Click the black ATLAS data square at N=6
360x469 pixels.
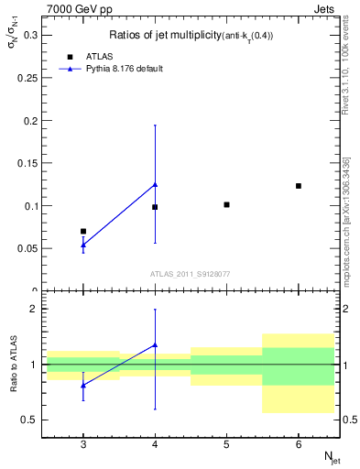(299, 186)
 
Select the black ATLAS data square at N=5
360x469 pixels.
(227, 204)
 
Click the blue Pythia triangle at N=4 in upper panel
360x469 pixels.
(155, 184)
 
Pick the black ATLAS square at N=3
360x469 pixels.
(83, 232)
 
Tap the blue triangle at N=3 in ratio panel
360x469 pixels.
(83, 386)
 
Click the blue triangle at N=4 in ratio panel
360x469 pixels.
(155, 345)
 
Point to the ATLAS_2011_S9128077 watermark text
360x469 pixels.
(190, 273)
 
